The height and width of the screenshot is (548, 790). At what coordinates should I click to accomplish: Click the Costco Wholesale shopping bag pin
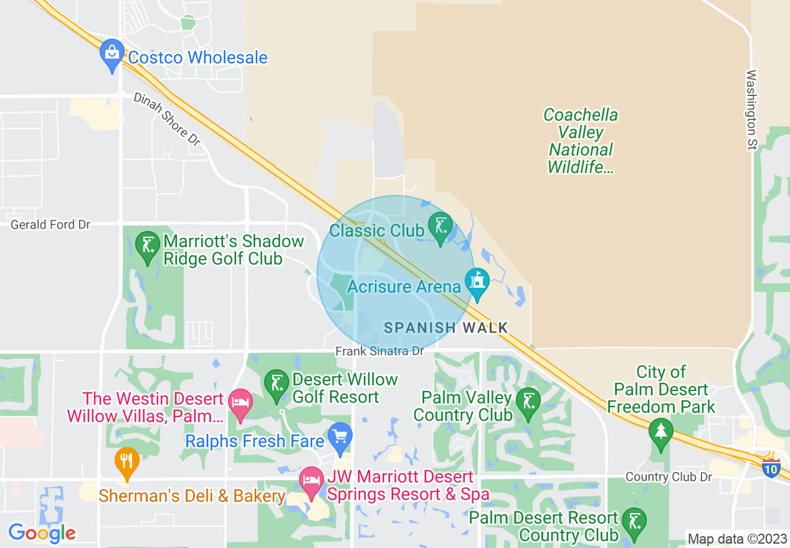click(x=112, y=54)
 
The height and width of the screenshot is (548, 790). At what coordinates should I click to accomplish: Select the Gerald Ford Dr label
click(x=51, y=224)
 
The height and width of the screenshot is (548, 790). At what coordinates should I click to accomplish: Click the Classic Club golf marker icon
click(x=440, y=226)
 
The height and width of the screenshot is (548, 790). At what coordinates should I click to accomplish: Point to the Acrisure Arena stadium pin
click(x=477, y=282)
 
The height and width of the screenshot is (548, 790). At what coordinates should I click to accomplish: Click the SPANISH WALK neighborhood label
click(x=445, y=328)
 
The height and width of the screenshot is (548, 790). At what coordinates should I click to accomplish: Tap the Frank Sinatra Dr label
click(x=379, y=351)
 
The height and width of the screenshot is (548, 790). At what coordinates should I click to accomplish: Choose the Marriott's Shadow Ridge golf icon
click(x=148, y=245)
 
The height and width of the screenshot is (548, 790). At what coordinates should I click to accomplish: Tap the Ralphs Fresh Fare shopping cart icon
click(x=340, y=437)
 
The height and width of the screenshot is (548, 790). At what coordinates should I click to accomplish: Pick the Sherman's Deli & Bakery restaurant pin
click(x=127, y=462)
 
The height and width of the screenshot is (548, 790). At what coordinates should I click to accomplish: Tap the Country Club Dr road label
click(x=669, y=477)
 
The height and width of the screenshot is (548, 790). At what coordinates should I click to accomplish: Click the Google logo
click(x=42, y=533)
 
